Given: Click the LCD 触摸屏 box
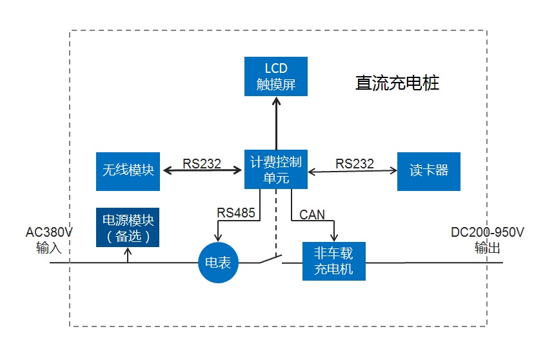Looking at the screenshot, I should coord(276,76).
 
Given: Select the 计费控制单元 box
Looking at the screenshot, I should coord(276,170).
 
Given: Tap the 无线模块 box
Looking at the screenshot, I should coord(128,171).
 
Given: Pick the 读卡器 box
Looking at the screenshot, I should coord(429,171).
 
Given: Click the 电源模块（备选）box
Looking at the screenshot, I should coord(128,228).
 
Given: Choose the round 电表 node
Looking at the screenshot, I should coord(219,262).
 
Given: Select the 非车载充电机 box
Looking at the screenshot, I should coord(333,261).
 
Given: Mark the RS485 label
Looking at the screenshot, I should coord(235,212).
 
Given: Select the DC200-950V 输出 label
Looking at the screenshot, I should coord(488,239).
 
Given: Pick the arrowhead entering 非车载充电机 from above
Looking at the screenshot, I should coord(333,239).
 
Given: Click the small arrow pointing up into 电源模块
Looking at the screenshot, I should coord(128,252).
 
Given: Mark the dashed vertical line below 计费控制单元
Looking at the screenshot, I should coord(276,219).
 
